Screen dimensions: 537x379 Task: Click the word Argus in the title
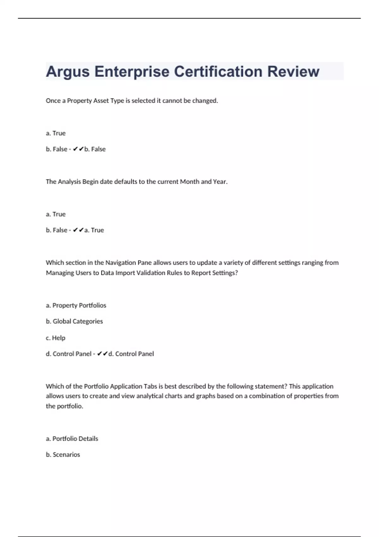[68, 72]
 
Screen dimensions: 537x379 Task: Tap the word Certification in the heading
[218, 72]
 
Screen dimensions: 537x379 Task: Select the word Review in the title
[293, 72]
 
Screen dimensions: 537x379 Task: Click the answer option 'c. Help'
[56, 338]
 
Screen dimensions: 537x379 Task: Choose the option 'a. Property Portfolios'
[76, 305]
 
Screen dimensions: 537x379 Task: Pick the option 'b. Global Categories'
[75, 321]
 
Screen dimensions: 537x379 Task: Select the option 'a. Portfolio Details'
[72, 439]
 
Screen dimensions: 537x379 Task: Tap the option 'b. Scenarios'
[63, 455]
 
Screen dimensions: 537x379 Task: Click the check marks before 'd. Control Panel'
[103, 354]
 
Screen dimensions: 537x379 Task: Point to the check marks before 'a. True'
[78, 230]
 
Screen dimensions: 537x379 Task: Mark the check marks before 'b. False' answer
[78, 149]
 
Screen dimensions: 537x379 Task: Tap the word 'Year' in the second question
[220, 182]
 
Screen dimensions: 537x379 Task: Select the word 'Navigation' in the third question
[121, 263]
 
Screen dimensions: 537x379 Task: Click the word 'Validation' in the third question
[151, 273]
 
